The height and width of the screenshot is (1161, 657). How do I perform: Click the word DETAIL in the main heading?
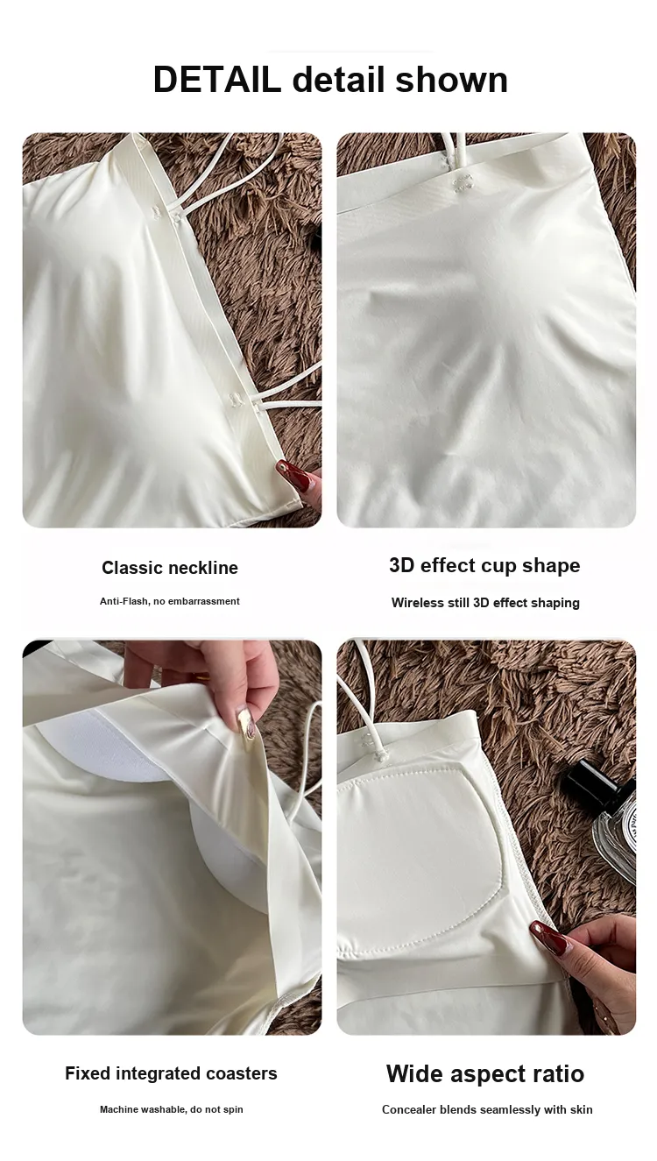point(216,80)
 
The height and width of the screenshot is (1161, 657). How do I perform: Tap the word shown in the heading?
point(451,80)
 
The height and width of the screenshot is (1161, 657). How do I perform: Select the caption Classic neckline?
point(170,568)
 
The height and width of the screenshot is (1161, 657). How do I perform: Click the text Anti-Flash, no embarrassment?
point(169,601)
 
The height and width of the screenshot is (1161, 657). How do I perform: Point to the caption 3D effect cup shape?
point(484,565)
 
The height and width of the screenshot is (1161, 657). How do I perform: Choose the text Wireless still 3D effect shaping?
point(485,603)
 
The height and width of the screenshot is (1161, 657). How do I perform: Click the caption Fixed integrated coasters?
point(171,1073)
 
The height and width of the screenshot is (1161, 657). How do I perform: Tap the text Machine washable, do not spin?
point(172,1109)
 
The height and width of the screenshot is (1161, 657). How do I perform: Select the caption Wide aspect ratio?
point(485,1073)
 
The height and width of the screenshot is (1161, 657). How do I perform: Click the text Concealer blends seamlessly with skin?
point(487,1109)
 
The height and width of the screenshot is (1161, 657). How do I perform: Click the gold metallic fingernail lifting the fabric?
point(247,722)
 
